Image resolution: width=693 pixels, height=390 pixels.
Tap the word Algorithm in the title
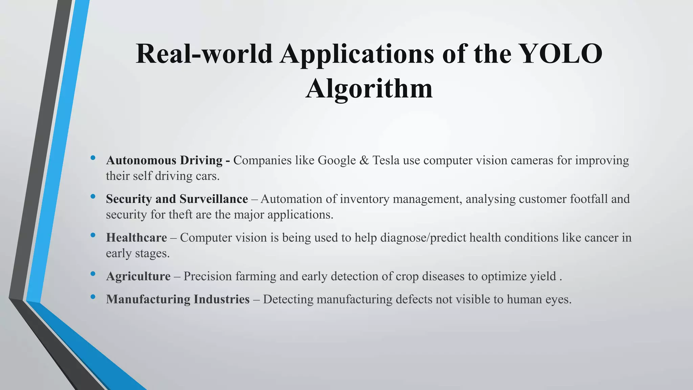369,88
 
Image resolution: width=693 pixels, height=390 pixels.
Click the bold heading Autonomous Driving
164,160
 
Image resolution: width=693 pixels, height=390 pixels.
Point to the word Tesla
386,160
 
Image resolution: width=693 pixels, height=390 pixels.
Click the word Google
337,160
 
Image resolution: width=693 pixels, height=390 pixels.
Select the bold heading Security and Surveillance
177,199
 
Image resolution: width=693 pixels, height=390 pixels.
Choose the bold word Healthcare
136,238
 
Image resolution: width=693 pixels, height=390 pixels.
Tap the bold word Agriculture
138,276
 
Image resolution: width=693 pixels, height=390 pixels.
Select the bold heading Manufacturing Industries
178,299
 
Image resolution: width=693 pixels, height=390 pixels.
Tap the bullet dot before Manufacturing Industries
93,297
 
